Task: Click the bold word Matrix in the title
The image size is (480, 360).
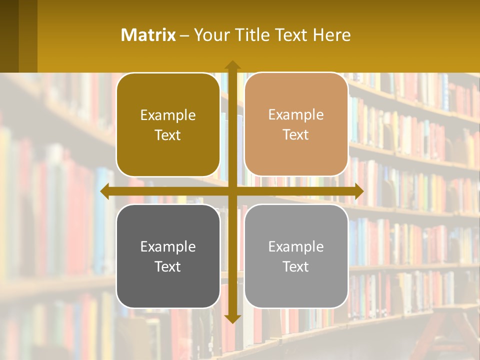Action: [x=148, y=35]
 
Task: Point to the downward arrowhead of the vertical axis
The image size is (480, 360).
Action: [x=232, y=318]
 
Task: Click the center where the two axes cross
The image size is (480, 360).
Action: [x=232, y=191]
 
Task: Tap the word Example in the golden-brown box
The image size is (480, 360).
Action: [x=168, y=115]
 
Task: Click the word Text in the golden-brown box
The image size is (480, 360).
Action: [x=168, y=135]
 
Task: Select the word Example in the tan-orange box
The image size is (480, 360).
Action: [x=296, y=115]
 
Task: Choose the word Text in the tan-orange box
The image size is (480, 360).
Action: [x=296, y=135]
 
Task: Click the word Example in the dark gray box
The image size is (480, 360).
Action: [x=168, y=247]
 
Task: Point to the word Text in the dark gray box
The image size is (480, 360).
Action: [x=168, y=267]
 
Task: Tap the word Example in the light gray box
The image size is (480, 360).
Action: [x=296, y=247]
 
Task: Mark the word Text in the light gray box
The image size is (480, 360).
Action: [x=296, y=267]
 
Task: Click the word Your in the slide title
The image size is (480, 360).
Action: [x=209, y=35]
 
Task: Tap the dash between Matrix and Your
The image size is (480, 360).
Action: [x=185, y=35]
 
